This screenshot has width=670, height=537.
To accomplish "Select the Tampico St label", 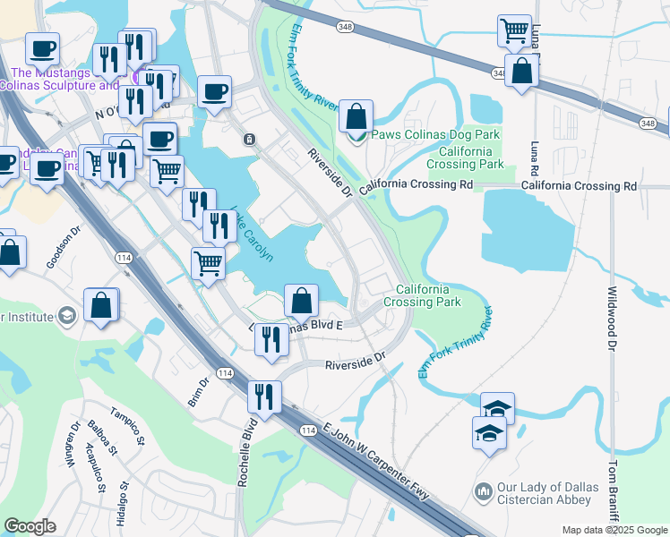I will [127, 423].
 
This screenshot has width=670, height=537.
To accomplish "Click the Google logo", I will [30, 527].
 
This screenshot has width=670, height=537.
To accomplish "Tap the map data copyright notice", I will [614, 530].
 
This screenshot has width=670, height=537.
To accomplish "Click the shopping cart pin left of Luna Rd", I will [515, 31].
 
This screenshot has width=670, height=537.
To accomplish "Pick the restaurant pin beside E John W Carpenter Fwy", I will [264, 396].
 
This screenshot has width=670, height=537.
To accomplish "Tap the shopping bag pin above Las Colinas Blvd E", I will [302, 300].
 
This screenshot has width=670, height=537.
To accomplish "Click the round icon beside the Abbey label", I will [483, 491].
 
